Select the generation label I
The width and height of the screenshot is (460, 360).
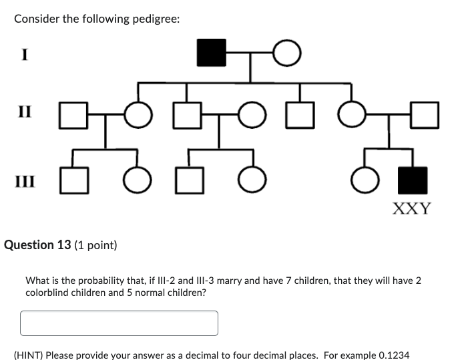[x=24, y=55]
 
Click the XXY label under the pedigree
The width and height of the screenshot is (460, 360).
[x=411, y=208]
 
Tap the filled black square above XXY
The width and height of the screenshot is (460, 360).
[x=412, y=180]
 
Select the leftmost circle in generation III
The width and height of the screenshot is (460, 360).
[x=138, y=180]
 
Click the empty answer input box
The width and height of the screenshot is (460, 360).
[x=119, y=323]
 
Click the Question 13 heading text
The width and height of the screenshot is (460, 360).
[x=37, y=245]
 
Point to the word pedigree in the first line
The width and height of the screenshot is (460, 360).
[x=155, y=19]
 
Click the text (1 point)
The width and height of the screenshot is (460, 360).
[x=96, y=245]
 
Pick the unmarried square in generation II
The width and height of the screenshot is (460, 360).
[x=299, y=115]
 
